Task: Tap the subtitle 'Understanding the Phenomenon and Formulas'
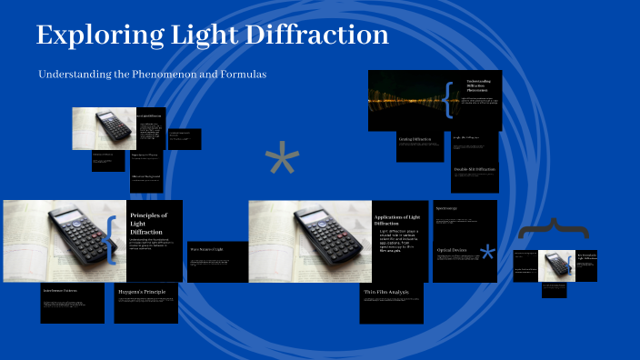(152, 74)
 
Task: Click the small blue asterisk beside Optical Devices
(488, 252)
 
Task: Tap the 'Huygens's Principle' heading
(143, 293)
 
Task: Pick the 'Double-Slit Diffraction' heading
(474, 170)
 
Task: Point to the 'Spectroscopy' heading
(447, 208)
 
